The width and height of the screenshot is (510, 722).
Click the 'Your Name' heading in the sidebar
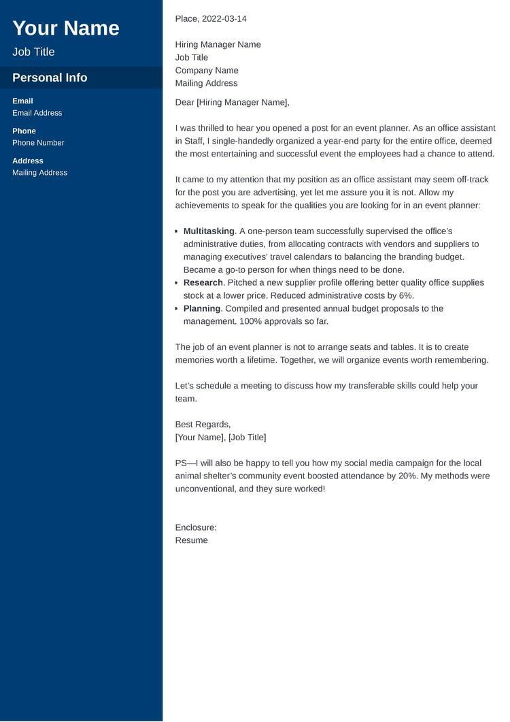(x=66, y=28)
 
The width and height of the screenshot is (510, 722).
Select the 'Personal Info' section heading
(x=50, y=78)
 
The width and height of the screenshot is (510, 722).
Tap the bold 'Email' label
(x=22, y=101)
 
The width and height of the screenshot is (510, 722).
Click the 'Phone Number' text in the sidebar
(x=38, y=143)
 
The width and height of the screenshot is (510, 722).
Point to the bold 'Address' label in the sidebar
(x=27, y=161)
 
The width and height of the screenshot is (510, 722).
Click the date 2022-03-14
(x=224, y=18)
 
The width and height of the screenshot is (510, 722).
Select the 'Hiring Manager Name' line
(x=218, y=44)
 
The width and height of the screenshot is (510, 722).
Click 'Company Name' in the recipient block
(x=207, y=70)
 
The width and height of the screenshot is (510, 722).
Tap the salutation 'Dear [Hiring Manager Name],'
(x=232, y=102)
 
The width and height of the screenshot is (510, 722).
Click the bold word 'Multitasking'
(x=209, y=231)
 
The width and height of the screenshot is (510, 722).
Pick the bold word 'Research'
(x=203, y=282)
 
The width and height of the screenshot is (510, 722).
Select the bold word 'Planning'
(x=202, y=308)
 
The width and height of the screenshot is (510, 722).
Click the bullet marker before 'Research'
(x=177, y=283)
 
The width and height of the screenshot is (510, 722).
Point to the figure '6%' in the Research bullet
(x=406, y=295)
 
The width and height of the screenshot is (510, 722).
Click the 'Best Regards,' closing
(x=203, y=424)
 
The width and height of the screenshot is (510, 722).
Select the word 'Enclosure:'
(x=196, y=527)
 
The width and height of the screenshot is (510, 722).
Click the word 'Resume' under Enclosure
(x=191, y=540)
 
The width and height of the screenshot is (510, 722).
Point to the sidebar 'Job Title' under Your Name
(x=33, y=52)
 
